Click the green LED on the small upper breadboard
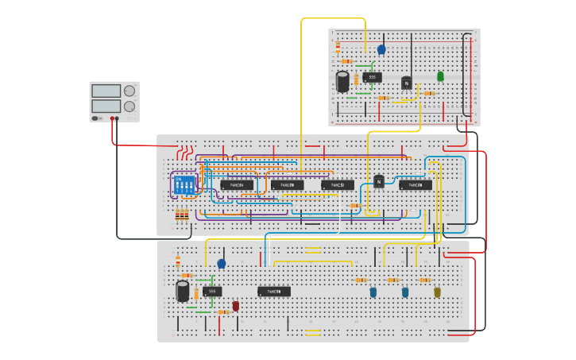click(440, 76)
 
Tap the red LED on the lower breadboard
click(235, 306)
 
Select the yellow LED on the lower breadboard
click(437, 292)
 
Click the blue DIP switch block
click(184, 185)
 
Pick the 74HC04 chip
click(237, 185)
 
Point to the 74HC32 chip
click(338, 185)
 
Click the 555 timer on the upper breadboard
click(372, 77)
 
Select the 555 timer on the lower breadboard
click(212, 292)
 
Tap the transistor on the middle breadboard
click(379, 182)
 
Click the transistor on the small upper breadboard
click(407, 83)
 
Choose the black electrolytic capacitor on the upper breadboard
click(342, 82)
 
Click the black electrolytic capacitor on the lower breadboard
click(183, 291)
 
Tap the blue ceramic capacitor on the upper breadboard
click(381, 49)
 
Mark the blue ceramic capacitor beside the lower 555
click(222, 263)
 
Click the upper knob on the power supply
click(129, 91)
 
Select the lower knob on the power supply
click(129, 106)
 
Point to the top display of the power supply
click(106, 91)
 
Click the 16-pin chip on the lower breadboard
click(274, 292)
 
